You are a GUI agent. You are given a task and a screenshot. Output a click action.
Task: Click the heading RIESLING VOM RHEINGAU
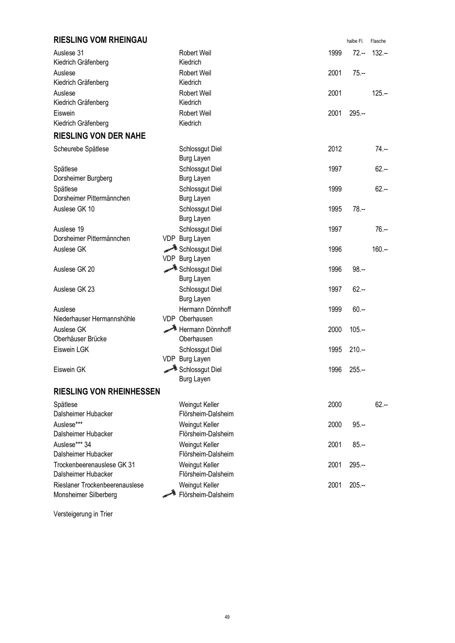(100, 40)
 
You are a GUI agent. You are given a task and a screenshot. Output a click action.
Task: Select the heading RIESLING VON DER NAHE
(99, 136)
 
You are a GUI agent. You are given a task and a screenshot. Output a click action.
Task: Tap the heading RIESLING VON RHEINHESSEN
(107, 391)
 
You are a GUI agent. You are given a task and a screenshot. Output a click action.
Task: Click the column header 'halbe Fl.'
(355, 41)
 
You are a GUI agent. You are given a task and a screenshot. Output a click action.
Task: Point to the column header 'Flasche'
(378, 41)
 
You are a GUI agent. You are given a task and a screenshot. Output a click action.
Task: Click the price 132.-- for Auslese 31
(380, 53)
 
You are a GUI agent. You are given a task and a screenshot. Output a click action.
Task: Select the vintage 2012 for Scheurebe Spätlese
(335, 149)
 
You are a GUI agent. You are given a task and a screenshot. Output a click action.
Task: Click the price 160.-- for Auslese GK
(380, 249)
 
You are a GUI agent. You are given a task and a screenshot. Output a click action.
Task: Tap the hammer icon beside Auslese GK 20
(170, 268)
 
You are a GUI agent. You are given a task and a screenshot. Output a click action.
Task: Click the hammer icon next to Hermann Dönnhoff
(170, 329)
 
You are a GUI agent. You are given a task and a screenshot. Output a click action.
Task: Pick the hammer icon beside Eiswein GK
(170, 369)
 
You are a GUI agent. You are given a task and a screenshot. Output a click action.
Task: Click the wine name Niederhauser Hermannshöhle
(94, 319)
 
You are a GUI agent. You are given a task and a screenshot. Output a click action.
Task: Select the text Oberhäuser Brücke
(80, 339)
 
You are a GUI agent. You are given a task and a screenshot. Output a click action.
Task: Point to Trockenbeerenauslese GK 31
(94, 465)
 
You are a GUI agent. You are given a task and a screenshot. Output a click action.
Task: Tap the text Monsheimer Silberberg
(85, 495)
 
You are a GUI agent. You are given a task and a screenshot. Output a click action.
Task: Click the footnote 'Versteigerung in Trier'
(83, 514)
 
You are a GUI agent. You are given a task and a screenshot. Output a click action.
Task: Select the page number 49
(227, 617)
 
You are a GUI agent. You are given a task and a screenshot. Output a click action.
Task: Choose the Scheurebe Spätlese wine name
(81, 149)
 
